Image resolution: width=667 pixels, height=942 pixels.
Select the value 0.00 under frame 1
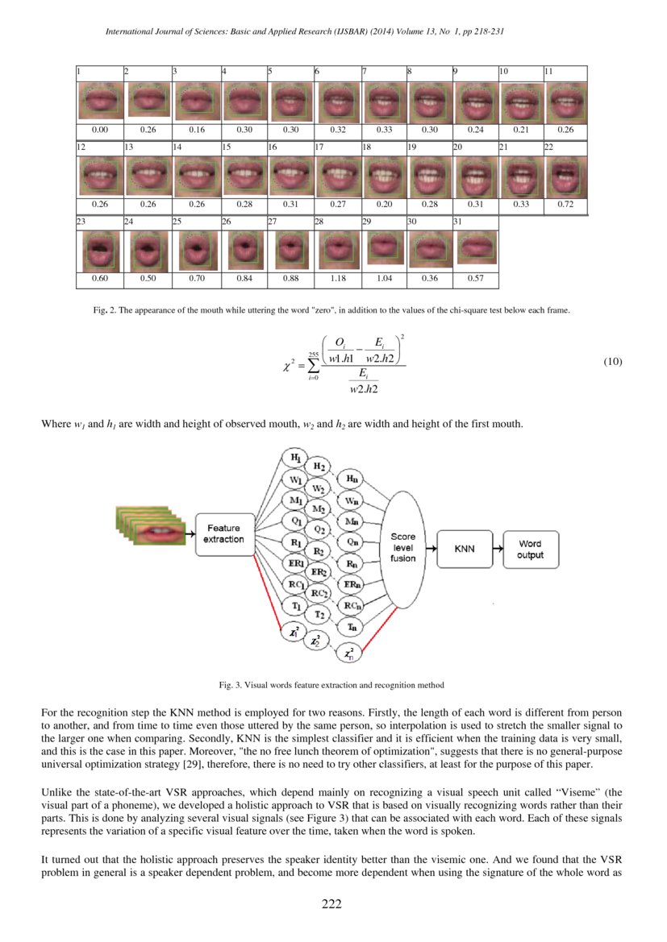[x=100, y=129]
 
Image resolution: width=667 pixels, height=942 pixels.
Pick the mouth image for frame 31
[x=476, y=250]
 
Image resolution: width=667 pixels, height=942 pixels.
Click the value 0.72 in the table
[x=564, y=205]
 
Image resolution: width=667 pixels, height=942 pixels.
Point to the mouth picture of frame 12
[x=99, y=176]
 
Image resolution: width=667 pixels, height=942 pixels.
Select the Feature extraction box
[x=223, y=534]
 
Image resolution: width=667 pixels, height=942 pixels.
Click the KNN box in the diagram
[x=464, y=549]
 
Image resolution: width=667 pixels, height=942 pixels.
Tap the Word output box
[x=530, y=550]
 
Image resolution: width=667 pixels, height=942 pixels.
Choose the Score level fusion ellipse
[x=402, y=547]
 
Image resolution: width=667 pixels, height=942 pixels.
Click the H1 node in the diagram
[x=296, y=459]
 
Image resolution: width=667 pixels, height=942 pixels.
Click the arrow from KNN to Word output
[x=495, y=550]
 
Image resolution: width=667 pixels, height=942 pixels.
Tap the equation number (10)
[x=613, y=362]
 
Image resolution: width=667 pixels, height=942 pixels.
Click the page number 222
[x=332, y=904]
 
